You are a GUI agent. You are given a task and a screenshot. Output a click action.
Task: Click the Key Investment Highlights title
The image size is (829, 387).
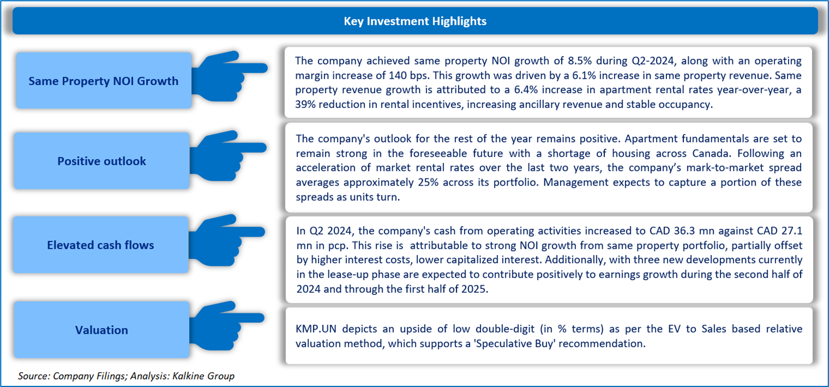[414, 22]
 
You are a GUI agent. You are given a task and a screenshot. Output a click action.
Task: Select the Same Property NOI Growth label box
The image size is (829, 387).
[103, 81]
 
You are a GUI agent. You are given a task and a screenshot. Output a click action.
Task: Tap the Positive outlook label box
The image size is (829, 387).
[102, 161]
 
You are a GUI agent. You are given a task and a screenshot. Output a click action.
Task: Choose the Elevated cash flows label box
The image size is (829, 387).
[101, 245]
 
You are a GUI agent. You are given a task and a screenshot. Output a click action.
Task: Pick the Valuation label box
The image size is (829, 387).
[102, 330]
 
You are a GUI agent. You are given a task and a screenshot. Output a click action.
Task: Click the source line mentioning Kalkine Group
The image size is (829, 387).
[126, 376]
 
